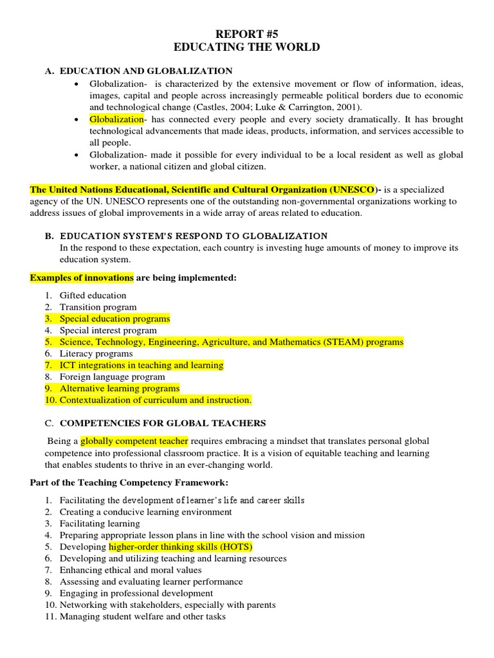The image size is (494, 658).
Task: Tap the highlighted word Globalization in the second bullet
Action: tap(116, 120)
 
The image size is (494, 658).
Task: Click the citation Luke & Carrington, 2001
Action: tap(305, 107)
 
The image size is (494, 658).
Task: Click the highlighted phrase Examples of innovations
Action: tap(82, 278)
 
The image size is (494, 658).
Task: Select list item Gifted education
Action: tap(93, 296)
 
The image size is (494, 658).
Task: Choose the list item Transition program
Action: tap(98, 307)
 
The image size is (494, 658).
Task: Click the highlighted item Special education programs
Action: tap(114, 319)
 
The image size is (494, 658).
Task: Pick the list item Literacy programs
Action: tap(96, 353)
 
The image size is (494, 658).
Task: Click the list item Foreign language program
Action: tap(113, 377)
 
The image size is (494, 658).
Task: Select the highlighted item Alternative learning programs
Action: tap(120, 388)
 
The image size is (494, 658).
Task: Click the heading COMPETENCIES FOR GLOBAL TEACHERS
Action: tap(163, 423)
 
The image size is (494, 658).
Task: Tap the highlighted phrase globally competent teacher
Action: tap(134, 441)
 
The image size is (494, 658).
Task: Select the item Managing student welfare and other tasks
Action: tap(143, 616)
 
